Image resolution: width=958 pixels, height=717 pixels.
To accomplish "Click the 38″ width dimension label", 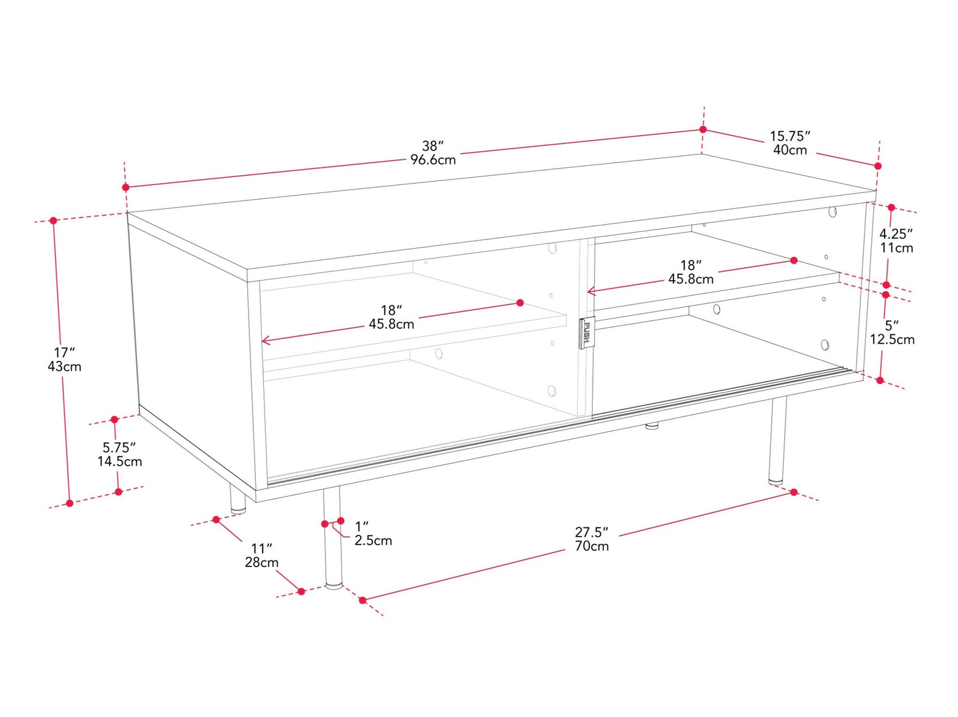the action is coord(432,146).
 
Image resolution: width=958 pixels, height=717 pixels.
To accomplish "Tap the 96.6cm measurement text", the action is coord(433,160).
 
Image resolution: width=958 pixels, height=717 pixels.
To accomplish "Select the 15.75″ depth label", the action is coord(790,136).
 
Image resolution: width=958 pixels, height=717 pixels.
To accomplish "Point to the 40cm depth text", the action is coord(790,150).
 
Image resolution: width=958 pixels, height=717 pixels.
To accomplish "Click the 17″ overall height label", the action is coord(64,352).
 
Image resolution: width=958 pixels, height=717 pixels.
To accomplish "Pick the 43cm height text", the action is coord(64,366).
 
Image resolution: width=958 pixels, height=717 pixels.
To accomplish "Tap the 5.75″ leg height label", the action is coord(119,448).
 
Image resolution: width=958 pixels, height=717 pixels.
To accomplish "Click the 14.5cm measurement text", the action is coord(119,462).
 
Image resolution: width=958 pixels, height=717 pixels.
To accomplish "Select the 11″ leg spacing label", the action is coord(261,549).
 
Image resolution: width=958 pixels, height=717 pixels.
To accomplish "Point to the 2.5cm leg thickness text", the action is coord(373,541).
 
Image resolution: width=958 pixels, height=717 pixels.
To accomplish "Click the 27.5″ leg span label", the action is coord(591,533).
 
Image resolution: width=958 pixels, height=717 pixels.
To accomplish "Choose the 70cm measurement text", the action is coord(592,547).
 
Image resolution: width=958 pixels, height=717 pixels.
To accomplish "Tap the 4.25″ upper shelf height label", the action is coord(896,234).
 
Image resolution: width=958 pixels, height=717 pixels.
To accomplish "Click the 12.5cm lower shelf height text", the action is coord(892,340).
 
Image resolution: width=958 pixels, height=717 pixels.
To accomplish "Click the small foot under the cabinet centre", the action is coord(652,425).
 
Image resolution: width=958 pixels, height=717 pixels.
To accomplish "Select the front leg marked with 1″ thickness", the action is coord(333,537).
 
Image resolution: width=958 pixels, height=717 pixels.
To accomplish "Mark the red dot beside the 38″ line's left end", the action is coord(126,187).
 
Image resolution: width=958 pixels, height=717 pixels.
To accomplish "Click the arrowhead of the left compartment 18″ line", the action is coord(265,340).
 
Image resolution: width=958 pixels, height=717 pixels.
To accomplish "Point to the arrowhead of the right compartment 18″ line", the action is coord(591,291).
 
